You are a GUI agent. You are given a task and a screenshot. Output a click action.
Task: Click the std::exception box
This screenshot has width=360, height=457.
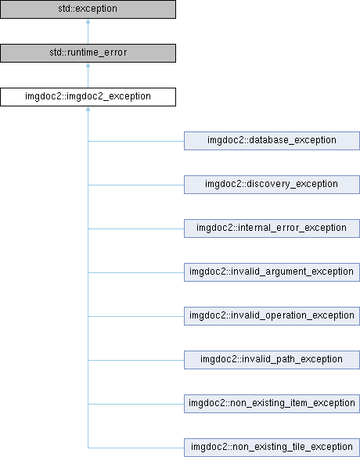(x=88, y=9)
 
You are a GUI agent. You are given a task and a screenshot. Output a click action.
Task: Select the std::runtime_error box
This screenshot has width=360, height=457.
(x=88, y=53)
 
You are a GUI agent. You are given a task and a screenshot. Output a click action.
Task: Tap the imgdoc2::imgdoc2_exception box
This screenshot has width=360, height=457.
(x=88, y=97)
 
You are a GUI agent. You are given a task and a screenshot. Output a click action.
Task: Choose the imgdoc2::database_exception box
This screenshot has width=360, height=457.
(x=272, y=141)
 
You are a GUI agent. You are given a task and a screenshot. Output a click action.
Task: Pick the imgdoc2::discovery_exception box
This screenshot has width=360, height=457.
(x=272, y=185)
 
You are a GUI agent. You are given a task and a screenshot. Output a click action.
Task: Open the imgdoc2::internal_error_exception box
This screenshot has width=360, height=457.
(x=272, y=228)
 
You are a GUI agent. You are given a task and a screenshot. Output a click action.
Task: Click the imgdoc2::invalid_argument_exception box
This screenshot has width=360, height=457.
(x=272, y=272)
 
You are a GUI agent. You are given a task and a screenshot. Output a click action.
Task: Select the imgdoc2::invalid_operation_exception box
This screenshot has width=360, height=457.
(x=272, y=316)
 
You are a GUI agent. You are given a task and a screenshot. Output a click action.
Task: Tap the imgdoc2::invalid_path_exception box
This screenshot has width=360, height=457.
(x=272, y=360)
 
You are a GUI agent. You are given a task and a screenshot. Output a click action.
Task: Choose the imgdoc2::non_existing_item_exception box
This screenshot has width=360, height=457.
(x=272, y=404)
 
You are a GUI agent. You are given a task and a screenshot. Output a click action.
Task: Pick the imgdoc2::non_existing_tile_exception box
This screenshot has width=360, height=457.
(x=272, y=448)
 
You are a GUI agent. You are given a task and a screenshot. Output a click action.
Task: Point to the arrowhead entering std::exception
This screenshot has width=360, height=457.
(x=88, y=21)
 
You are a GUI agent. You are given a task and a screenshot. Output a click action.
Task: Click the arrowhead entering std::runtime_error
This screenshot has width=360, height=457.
(x=88, y=65)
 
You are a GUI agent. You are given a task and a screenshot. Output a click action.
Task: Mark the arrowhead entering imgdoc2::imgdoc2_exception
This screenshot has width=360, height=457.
(x=88, y=109)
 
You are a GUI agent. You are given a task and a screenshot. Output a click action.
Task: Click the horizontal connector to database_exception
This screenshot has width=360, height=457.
(x=136, y=142)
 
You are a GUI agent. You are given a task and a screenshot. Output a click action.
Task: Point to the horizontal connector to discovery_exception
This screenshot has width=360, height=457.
(x=136, y=185)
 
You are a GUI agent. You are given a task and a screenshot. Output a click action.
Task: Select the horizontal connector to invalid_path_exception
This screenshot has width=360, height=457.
(x=136, y=360)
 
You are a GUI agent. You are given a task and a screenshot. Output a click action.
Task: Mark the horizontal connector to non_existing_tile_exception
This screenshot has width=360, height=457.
(x=136, y=448)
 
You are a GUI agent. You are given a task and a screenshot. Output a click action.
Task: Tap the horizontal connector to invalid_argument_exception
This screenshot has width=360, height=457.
(x=136, y=273)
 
